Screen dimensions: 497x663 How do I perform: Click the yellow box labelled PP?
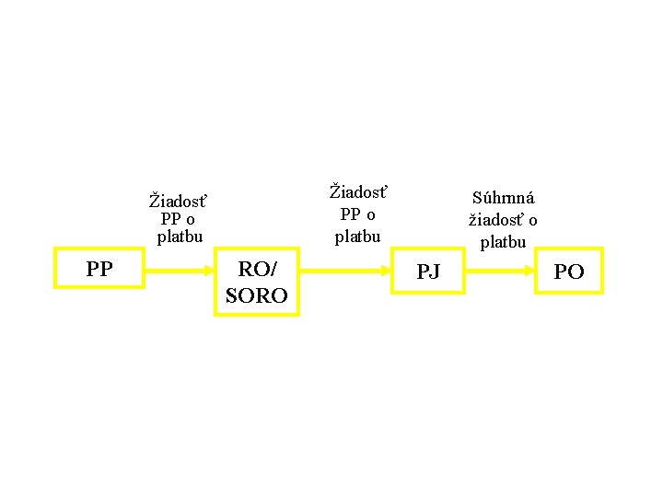(99, 269)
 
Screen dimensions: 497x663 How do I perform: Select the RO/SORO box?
(256, 283)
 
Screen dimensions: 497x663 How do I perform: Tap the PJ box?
(428, 271)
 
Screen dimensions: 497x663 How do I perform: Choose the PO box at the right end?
(568, 272)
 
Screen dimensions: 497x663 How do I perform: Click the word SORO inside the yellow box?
(256, 295)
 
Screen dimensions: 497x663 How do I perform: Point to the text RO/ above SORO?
(256, 270)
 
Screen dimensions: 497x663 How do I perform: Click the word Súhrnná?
(503, 198)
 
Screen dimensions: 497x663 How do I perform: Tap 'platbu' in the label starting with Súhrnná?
(503, 242)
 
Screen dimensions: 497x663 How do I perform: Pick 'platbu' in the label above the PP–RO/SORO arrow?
(179, 237)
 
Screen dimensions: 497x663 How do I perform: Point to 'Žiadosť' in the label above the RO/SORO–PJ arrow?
(358, 193)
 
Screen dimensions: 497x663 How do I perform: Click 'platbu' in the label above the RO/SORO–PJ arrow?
(357, 237)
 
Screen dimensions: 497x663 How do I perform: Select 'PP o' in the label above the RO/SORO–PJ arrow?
(357, 214)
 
